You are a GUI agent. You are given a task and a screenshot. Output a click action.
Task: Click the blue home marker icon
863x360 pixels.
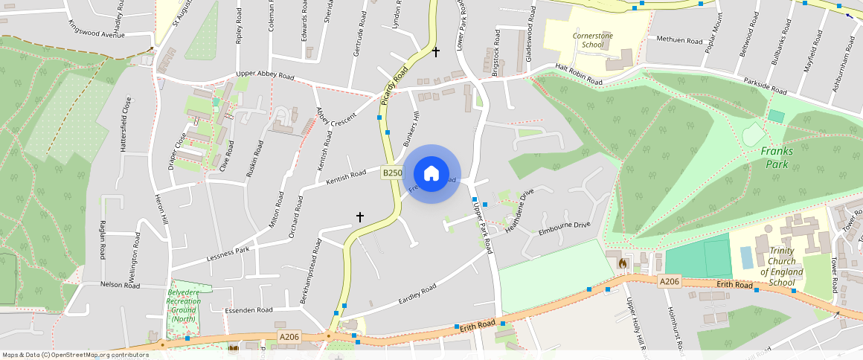431,174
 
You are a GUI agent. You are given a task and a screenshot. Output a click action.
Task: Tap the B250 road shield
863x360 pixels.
392,173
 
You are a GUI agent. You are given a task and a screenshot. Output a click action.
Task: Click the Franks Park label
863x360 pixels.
777,157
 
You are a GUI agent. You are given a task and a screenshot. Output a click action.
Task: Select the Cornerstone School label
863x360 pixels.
588,39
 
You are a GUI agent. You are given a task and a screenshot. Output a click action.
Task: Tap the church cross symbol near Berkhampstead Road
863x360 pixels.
359,217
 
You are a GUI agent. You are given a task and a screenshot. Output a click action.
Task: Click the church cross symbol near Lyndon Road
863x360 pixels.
436,51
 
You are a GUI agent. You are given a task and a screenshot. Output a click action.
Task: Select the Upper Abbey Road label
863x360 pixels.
265,75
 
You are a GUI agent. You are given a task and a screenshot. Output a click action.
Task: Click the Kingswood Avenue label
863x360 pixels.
96,35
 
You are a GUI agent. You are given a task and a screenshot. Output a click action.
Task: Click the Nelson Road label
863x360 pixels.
100,284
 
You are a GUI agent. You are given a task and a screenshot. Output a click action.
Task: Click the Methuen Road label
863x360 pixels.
679,39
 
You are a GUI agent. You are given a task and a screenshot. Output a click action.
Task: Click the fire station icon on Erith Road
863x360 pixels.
622,263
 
